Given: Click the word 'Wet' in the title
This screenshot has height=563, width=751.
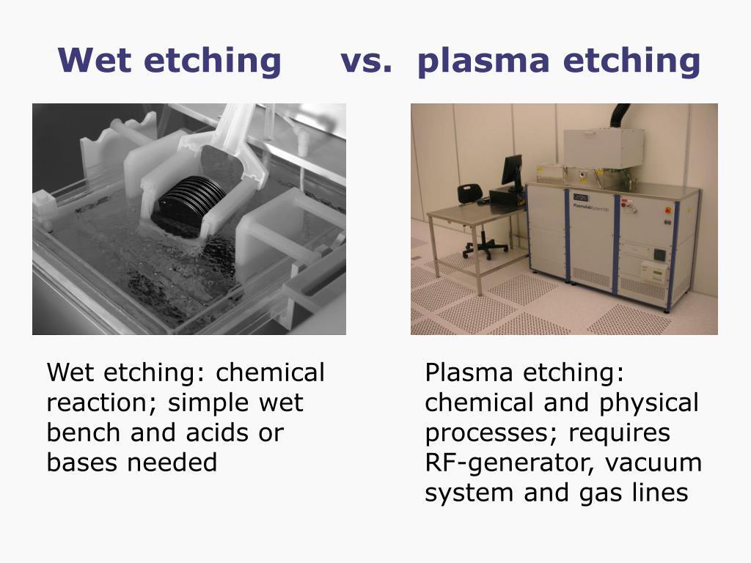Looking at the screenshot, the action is [x=95, y=60].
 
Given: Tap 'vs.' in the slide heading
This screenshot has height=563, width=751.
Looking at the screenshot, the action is [x=367, y=62].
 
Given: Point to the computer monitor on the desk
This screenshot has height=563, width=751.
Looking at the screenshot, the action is [x=512, y=170].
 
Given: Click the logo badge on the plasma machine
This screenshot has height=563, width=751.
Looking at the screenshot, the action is [x=581, y=198].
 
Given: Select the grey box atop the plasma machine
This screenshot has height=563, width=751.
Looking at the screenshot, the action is [x=604, y=148].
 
